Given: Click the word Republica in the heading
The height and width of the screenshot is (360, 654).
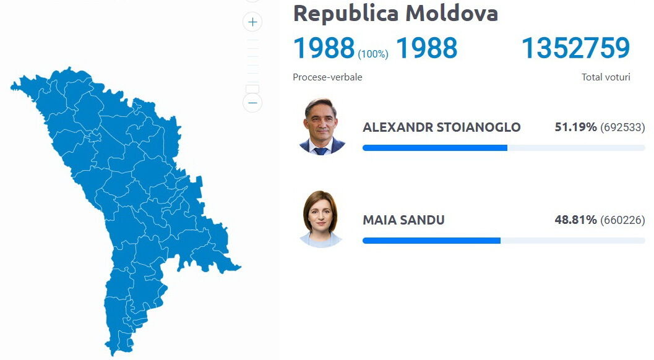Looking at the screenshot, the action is coord(346,14).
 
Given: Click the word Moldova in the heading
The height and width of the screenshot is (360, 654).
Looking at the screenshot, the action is coord(452,13).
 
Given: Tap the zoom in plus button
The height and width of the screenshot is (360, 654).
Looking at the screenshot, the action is coord(252,22).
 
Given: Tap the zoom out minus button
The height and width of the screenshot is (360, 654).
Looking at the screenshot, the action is coord(252,103).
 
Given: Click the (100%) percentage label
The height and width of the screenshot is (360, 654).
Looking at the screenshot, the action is coord(373,54).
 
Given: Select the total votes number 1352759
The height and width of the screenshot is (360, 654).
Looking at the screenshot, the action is coord(576,48).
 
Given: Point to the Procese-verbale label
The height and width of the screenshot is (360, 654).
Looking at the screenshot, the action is coord(327,77).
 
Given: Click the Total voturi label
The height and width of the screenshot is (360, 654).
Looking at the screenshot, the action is coord(606,77).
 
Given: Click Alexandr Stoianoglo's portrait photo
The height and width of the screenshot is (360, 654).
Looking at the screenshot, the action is coord(322,126).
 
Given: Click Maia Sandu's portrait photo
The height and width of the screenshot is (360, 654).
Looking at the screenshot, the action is coord(321,220).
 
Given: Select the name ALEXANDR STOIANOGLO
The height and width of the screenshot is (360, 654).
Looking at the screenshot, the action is coord(442,127).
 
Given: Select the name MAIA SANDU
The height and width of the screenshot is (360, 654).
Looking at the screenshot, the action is coord(404,220).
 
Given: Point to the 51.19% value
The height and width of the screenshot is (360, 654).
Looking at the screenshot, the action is coord(575,127).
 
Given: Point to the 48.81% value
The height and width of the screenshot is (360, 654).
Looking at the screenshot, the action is coord(575,220).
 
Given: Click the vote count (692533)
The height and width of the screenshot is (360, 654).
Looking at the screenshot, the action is coord(622,127).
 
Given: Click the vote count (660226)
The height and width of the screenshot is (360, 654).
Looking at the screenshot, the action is coord(622,220).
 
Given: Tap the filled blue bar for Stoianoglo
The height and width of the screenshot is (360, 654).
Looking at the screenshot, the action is coord(435,148).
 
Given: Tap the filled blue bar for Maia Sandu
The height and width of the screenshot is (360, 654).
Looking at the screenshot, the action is coord(432,241).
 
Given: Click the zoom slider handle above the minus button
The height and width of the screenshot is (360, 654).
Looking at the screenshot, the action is coord(252,89).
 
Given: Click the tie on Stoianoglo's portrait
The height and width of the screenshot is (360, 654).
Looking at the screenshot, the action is coord(321,150).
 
